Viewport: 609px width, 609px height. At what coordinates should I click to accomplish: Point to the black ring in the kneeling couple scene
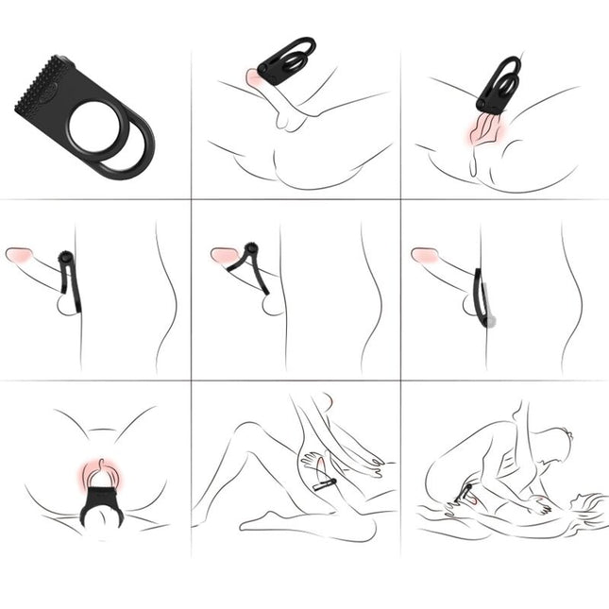[x=470, y=492]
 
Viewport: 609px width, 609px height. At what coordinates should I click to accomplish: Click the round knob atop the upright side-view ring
[x=64, y=258]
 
